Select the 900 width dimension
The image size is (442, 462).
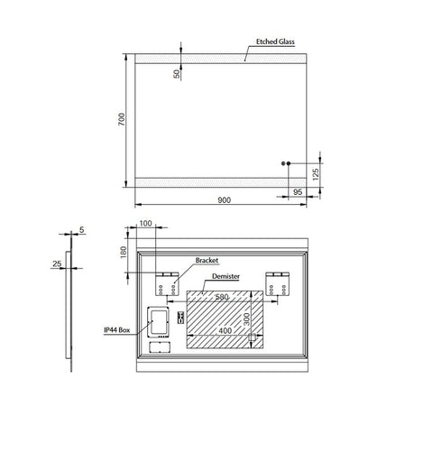pos(223,199)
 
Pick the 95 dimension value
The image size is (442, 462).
pos(296,193)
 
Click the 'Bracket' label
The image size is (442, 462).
pos(207,260)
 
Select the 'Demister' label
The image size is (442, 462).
pos(226,278)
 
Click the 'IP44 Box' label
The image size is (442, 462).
pos(117,331)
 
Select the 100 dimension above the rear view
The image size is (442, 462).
pos(147,224)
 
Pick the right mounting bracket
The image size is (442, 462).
pos(278,282)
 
